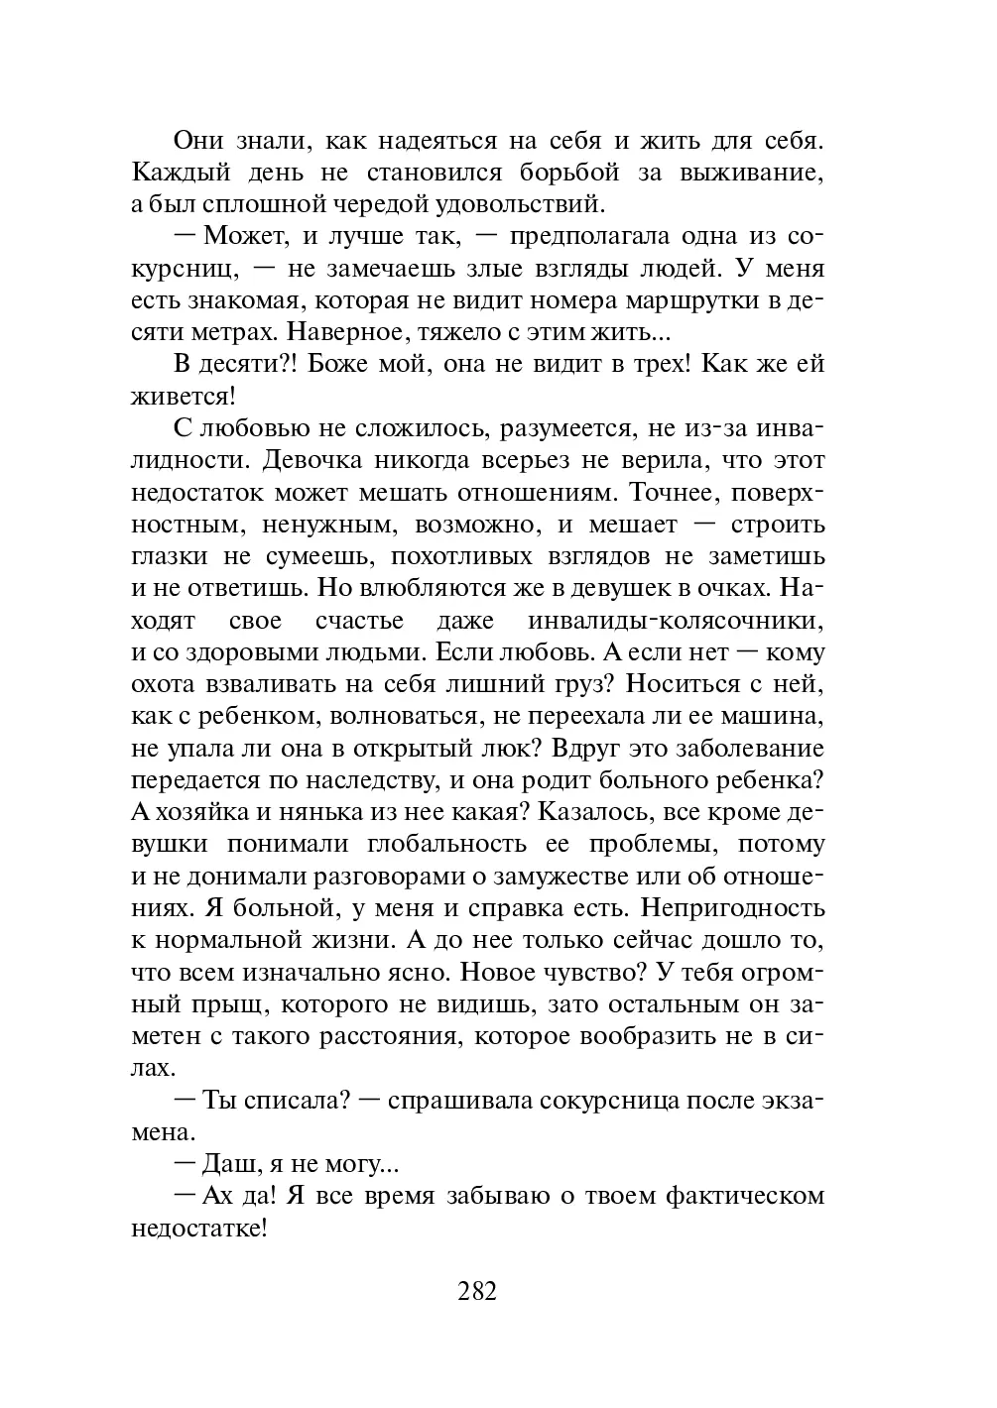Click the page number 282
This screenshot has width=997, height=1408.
click(477, 1292)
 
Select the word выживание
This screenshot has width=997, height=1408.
click(752, 173)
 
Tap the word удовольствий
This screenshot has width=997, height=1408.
click(515, 205)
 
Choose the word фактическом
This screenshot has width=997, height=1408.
click(745, 1196)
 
